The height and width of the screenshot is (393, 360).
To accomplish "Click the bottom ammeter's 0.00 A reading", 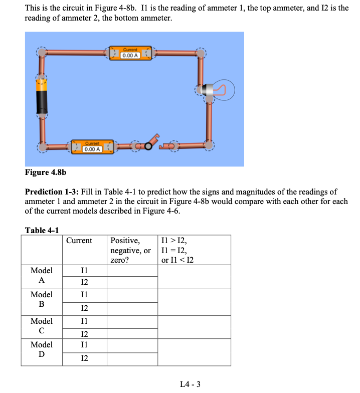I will click(x=92, y=149).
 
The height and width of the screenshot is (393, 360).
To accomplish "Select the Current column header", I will click(x=79, y=241).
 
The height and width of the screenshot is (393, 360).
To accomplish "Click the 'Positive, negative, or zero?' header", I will click(x=130, y=250).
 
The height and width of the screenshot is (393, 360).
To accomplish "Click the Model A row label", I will click(x=42, y=275).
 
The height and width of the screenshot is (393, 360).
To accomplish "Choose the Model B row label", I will click(x=42, y=299).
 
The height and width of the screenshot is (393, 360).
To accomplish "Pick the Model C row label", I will click(x=42, y=325).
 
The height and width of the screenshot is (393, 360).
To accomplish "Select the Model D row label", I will click(x=42, y=350).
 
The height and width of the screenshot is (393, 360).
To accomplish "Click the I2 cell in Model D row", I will click(x=84, y=358).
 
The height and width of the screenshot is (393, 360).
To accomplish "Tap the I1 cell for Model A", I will click(x=84, y=271).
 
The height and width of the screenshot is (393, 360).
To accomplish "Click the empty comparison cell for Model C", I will click(x=194, y=327).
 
